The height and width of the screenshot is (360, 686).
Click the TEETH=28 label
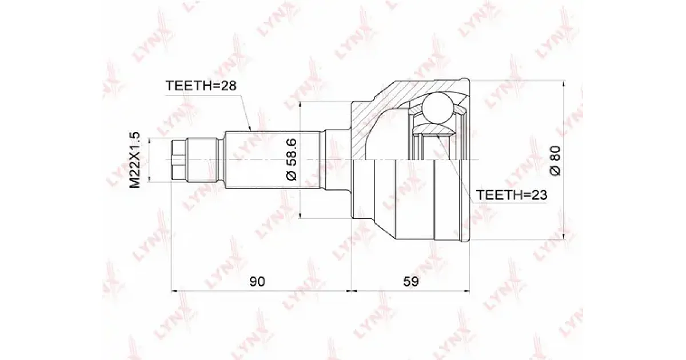[x=201, y=86]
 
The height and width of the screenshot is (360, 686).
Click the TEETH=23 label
[x=512, y=195]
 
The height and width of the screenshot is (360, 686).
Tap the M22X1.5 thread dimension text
[x=134, y=160]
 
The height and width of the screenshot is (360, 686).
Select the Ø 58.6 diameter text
[x=291, y=159]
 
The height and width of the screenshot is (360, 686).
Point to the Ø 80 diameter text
[x=555, y=161]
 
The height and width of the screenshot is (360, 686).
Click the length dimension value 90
[x=257, y=281]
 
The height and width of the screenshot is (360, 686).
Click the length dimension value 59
[x=410, y=281]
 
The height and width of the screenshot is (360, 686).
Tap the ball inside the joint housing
[x=438, y=108]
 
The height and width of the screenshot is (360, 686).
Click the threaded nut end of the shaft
[x=178, y=160]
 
